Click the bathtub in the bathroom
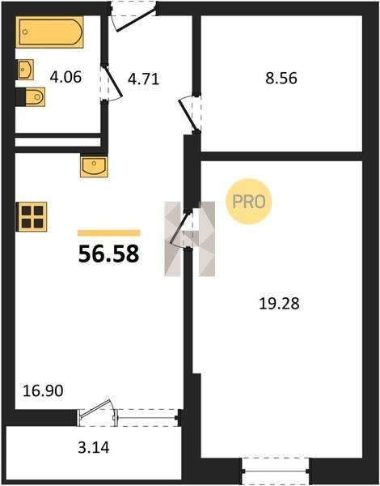point(49,32)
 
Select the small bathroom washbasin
point(25,70)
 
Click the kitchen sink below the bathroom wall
point(94,167)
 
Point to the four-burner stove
point(32,216)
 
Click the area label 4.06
point(65,77)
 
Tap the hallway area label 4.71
point(143,79)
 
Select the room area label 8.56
point(281,78)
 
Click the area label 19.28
point(279,304)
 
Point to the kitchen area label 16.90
point(43,390)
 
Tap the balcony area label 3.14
point(94,448)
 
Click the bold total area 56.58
point(108,254)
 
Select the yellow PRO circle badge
point(248,202)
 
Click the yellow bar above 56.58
point(108,233)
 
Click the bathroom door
point(112,82)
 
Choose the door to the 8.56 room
point(188,115)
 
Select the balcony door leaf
point(95,407)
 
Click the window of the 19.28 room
point(276,471)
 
